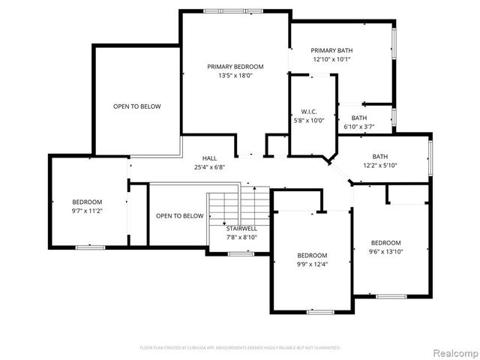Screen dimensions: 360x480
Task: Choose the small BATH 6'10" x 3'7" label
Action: pos(359,118)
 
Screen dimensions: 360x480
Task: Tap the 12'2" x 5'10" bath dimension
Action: pos(379,165)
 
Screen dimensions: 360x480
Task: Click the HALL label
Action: pos(209,158)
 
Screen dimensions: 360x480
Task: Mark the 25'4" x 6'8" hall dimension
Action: pos(209,167)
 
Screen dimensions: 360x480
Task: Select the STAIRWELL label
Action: pos(241,228)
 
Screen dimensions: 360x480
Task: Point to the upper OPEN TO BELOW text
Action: pos(136,106)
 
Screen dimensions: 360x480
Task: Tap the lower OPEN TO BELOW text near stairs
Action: pos(179,216)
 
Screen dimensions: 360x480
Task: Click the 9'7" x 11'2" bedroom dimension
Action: pos(87,211)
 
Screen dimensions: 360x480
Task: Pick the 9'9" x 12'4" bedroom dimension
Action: pos(311,264)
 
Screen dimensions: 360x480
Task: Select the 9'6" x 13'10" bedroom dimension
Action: pos(385,251)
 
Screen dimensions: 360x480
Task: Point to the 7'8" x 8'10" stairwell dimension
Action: pos(241,237)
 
